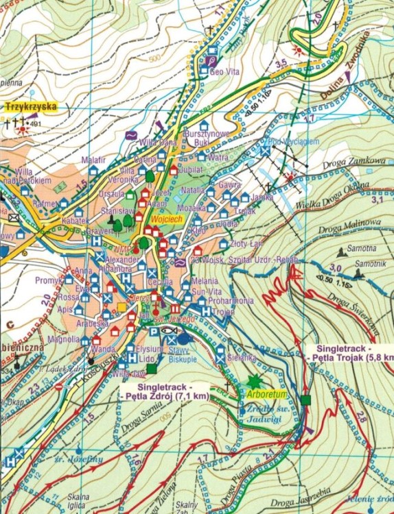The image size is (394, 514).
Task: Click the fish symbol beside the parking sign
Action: tap(170, 330)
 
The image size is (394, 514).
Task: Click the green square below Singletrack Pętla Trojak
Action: tap(305, 400)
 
